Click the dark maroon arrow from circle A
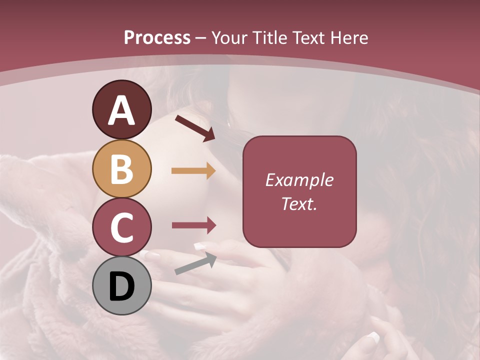[195, 128]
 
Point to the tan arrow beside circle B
[193, 171]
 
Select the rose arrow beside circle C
[193, 225]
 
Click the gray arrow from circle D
[195, 263]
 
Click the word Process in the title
[157, 38]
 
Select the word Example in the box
[299, 180]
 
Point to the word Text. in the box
[299, 203]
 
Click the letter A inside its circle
[121, 111]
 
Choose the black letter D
[121, 286]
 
